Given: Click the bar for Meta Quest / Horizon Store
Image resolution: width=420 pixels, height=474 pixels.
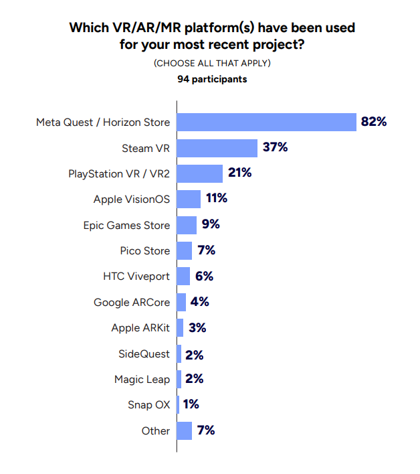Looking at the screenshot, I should pos(266,123).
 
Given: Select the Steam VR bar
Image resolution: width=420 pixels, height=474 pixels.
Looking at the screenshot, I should pos(217,148).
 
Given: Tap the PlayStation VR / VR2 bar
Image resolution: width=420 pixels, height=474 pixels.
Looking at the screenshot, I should pos(200,173).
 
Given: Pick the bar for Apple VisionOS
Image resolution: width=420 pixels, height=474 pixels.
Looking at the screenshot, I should pos(189,199).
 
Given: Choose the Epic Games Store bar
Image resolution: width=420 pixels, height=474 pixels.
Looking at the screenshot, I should pos(187,224).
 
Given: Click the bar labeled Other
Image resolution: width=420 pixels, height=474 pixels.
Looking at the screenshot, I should pos(185,430).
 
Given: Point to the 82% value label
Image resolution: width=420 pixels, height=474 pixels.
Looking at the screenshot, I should pos(374,122).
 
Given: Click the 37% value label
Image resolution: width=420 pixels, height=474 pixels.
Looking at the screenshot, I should pos(275,147).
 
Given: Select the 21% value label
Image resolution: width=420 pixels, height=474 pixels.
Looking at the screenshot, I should pos(239,173).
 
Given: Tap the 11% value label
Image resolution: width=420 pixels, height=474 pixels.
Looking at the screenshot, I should pos(217,198).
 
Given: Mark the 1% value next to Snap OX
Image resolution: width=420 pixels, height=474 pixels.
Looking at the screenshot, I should pos(191,404).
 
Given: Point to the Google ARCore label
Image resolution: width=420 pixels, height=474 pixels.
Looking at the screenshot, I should pos(132,302).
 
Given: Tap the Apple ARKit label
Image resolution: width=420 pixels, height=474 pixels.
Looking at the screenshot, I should pos(140,328).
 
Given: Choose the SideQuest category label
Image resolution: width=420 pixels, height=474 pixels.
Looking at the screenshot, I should pos(144,353).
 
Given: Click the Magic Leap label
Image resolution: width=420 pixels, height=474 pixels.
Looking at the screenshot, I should pos(142,380).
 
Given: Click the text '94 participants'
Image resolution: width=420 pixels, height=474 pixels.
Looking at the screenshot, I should pos(212,79).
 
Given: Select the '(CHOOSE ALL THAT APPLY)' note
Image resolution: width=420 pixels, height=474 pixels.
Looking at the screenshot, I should pos(212,63).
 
